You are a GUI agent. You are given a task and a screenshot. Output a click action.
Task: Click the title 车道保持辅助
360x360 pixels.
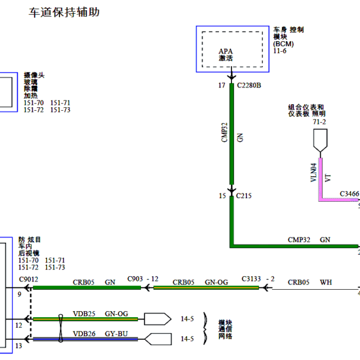(x=64, y=12)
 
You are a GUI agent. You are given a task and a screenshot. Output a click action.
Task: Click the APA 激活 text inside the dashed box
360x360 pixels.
(x=226, y=55)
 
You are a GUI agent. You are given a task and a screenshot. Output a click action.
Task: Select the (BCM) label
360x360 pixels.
(x=283, y=44)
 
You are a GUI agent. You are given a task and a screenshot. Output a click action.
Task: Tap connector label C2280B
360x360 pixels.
(x=249, y=86)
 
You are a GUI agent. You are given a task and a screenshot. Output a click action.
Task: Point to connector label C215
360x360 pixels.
(x=243, y=196)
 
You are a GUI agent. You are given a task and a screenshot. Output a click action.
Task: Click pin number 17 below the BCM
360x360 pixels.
(x=222, y=86)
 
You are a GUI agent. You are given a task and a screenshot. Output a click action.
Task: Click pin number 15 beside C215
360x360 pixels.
(x=222, y=196)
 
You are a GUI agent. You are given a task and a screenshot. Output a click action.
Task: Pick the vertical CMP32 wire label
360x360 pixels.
(x=224, y=133)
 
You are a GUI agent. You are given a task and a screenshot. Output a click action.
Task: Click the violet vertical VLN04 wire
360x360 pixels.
(x=321, y=178)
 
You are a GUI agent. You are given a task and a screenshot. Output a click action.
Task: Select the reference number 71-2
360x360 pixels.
(x=319, y=122)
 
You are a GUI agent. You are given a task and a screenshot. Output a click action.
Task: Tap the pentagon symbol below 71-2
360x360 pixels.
(x=320, y=140)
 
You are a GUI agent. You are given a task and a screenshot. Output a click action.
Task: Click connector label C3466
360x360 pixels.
(x=349, y=194)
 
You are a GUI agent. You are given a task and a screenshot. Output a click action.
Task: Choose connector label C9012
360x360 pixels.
(x=29, y=280)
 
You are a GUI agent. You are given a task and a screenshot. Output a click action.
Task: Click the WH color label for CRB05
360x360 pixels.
(x=326, y=282)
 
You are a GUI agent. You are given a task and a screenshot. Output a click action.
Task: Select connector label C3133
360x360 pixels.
(x=251, y=279)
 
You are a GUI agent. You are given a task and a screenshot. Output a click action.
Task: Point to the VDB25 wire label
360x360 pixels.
(x=84, y=314)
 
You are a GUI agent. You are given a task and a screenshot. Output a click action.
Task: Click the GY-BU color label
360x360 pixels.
(x=116, y=334)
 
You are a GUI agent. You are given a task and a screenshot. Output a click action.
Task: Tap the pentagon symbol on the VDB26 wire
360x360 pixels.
(x=158, y=339)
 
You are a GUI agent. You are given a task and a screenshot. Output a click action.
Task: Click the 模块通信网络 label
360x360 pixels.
(x=226, y=330)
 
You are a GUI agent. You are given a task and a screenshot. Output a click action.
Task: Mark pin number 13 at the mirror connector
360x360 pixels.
(x=18, y=346)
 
